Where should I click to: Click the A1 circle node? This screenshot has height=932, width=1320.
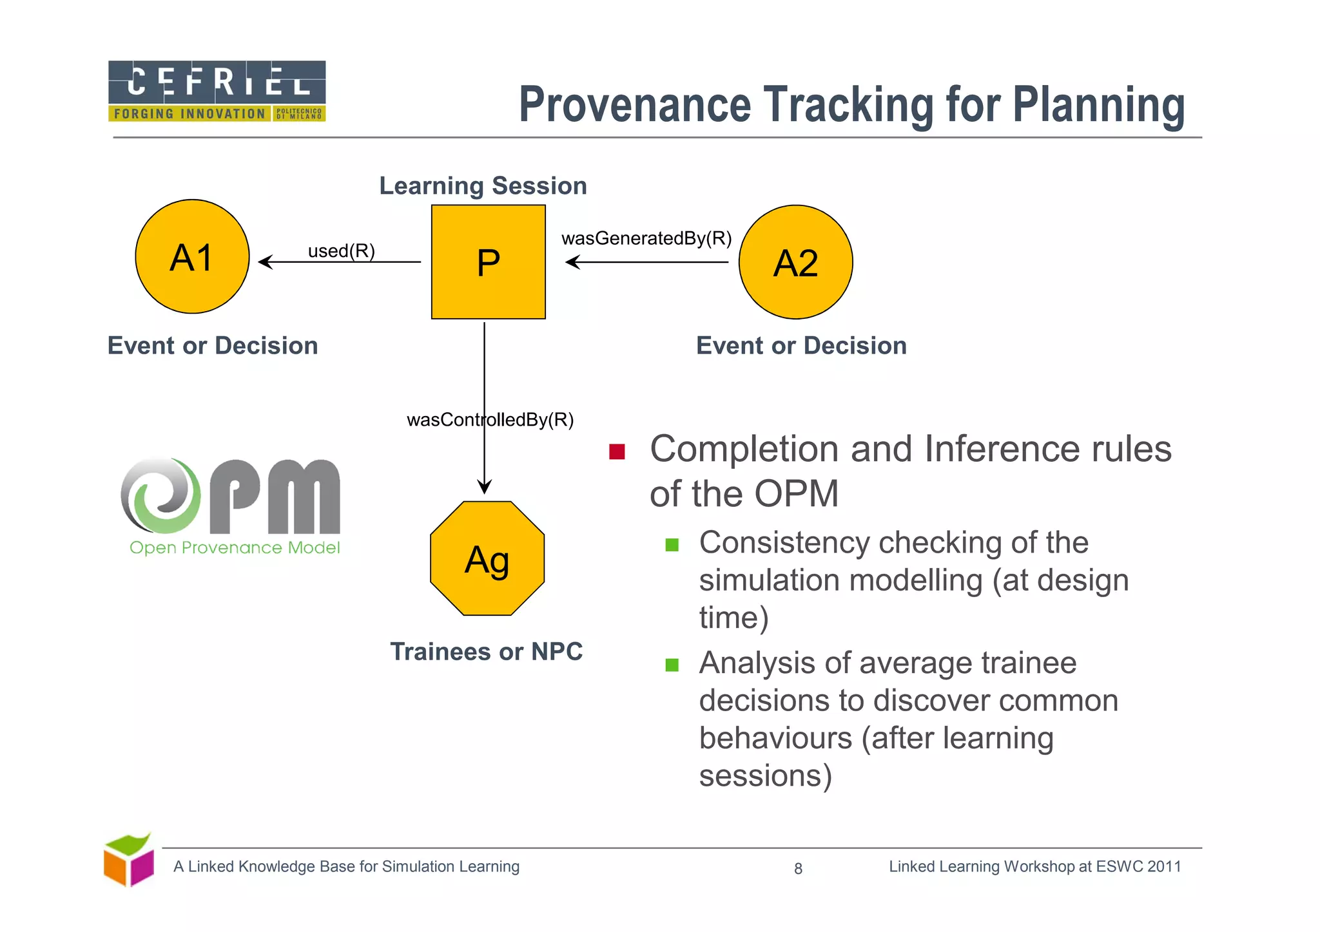tap(192, 256)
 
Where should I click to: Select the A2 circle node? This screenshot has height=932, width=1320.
tap(795, 262)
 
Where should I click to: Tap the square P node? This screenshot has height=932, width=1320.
tap(488, 262)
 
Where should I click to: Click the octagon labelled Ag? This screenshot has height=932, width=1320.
tap(487, 558)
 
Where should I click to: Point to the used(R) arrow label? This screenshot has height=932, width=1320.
tap(341, 251)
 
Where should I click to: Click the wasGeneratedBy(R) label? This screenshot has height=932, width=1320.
tap(646, 238)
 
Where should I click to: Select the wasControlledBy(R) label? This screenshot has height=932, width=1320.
tap(490, 420)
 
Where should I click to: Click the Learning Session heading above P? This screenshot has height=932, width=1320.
tap(483, 185)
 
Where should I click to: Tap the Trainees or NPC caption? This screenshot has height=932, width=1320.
tap(486, 651)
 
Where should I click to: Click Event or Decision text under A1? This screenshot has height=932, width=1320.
tap(213, 346)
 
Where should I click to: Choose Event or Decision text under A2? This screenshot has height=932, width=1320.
tap(801, 346)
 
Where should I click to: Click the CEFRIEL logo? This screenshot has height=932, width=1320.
tap(217, 91)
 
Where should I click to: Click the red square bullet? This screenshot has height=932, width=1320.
tap(617, 452)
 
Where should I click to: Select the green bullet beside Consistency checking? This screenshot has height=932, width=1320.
tap(672, 545)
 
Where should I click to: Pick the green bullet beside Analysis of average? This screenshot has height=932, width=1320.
tap(672, 665)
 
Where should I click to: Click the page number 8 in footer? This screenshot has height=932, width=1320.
tap(798, 869)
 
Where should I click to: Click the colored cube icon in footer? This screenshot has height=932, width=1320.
tap(129, 861)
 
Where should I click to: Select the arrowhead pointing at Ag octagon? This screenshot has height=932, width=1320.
tap(485, 487)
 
